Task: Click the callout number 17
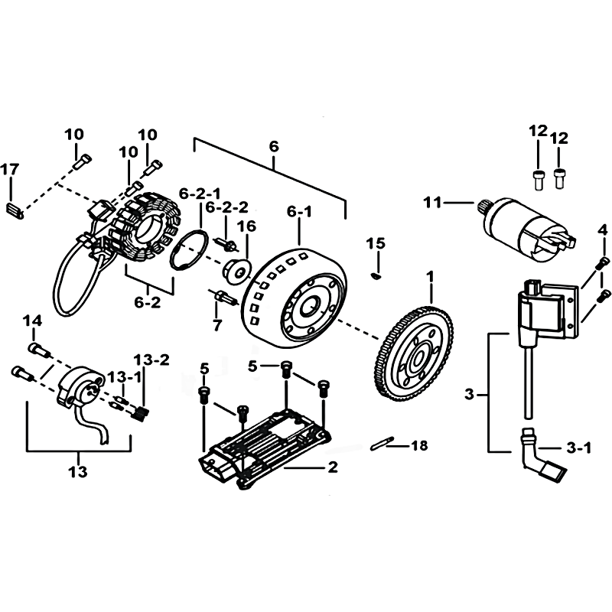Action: click(x=10, y=169)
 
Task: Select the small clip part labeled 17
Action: click(x=15, y=210)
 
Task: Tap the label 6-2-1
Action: click(x=200, y=194)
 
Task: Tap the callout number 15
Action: click(x=376, y=243)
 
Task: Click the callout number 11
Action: click(x=432, y=203)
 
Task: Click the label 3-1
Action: click(x=579, y=448)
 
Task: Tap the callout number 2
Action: click(x=333, y=467)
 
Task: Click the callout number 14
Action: click(x=32, y=321)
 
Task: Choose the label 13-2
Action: click(x=151, y=360)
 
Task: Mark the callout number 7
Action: click(x=217, y=324)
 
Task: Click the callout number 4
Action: click(x=603, y=230)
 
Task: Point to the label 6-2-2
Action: click(x=226, y=207)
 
